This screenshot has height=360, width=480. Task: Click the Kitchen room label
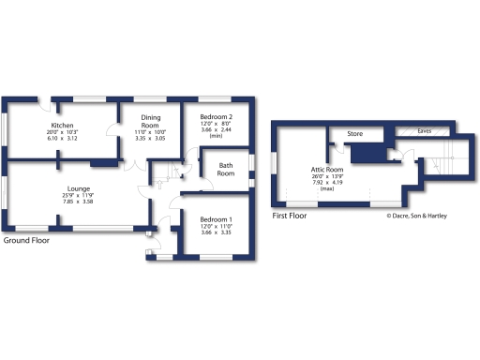click(62, 126)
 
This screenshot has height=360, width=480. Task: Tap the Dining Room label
click(151, 122)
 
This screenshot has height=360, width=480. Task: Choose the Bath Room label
click(226, 170)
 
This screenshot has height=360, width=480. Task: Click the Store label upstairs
click(355, 134)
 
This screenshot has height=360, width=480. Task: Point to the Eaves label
click(425, 131)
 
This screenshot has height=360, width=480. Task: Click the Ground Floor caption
click(26, 240)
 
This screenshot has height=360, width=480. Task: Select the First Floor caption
click(289, 216)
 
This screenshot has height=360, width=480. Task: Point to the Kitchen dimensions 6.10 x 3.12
click(62, 139)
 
